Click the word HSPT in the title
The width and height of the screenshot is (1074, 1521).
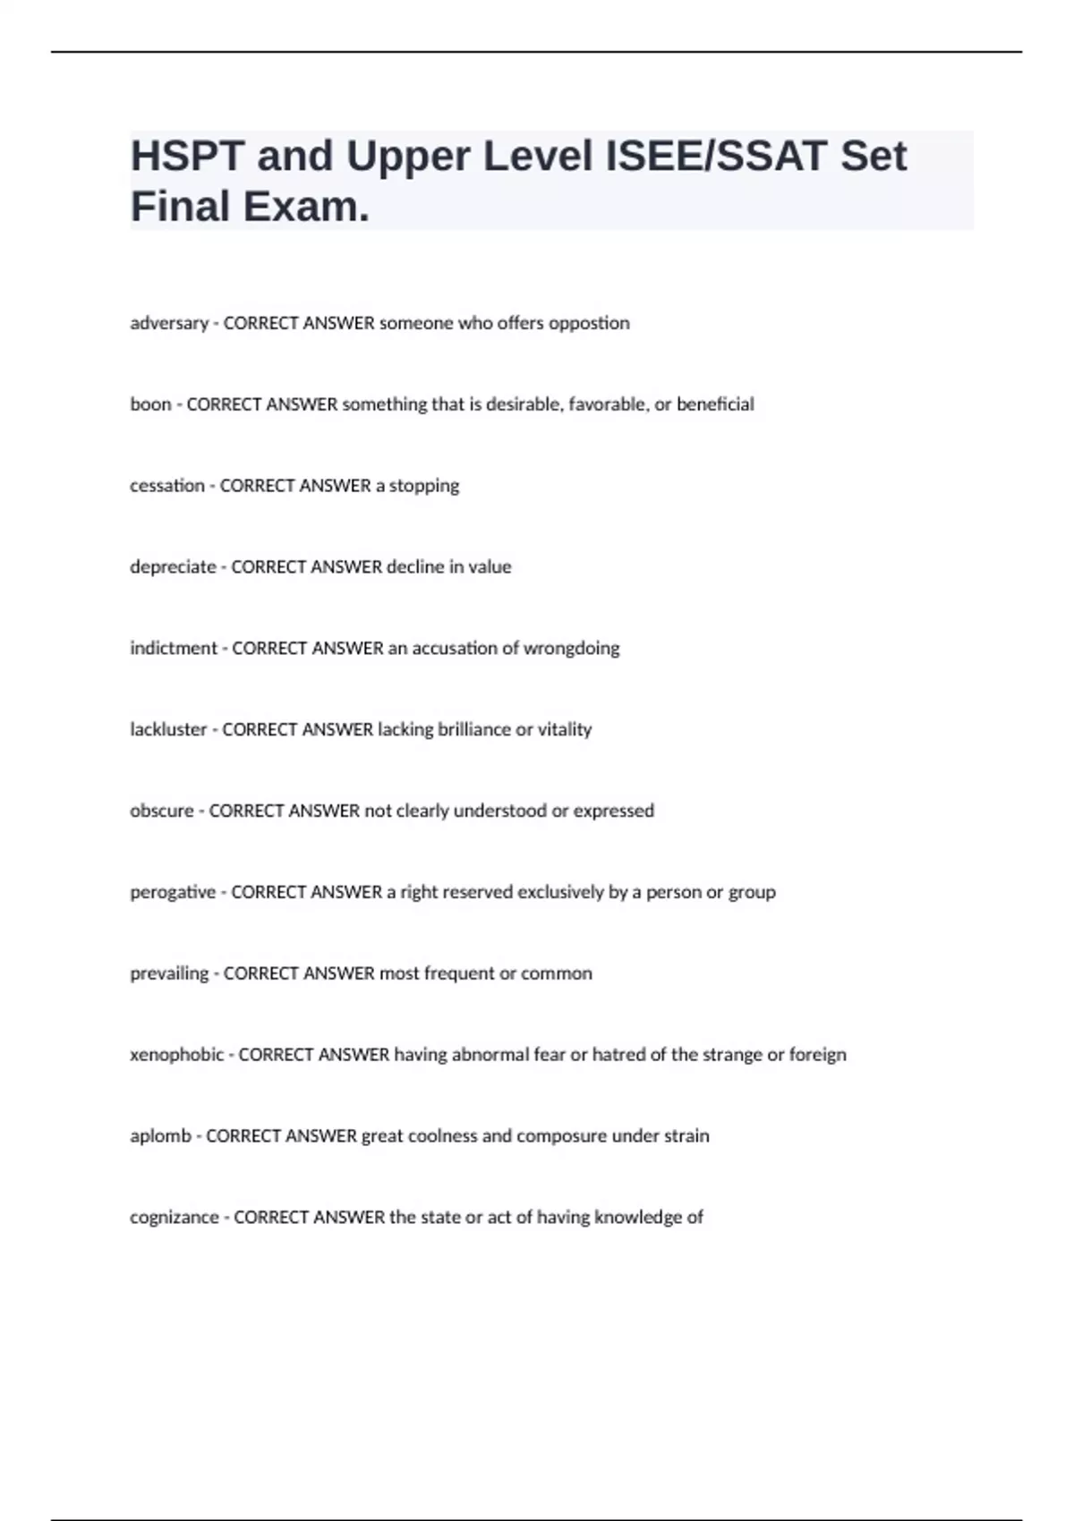point(187,157)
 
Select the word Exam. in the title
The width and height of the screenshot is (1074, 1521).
point(306,207)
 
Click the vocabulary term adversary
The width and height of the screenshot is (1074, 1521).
point(169,323)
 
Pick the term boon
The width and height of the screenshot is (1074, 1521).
point(150,404)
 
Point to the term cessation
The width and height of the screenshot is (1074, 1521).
point(167,486)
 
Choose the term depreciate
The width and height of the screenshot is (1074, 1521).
point(173,567)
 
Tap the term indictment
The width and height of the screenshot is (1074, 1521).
point(174,648)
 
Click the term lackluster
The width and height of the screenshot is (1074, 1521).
point(168,729)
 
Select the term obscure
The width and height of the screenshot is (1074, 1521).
point(162,811)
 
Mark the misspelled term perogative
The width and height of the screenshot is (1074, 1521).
point(173,892)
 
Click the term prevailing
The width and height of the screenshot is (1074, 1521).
point(169,973)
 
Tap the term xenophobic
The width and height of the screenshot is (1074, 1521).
point(177,1055)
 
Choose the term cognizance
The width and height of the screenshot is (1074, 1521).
point(175,1218)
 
